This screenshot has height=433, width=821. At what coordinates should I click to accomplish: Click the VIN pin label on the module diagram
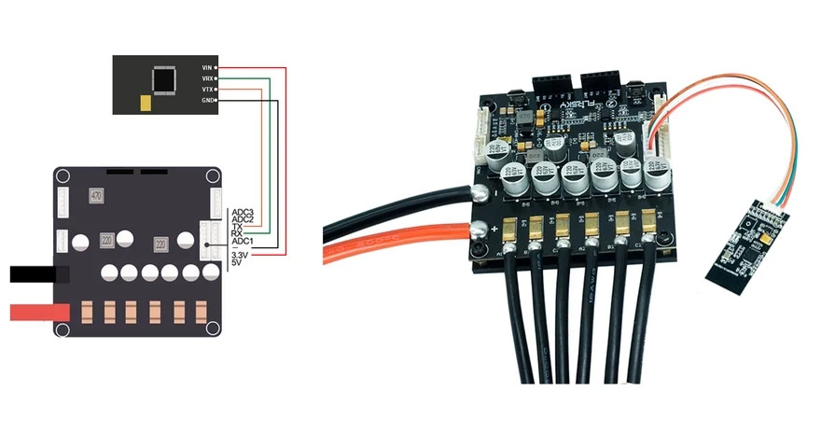206,68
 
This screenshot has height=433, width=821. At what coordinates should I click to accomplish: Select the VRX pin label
206,78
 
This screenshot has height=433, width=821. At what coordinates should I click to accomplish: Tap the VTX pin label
206,89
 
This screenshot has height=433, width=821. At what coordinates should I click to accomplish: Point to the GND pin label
206,99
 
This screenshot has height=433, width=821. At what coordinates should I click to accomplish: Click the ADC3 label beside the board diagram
242,213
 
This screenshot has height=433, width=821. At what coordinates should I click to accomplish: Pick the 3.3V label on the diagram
242,254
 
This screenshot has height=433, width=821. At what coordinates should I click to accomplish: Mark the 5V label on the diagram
236,263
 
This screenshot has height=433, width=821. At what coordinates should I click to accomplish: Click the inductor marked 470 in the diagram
95,196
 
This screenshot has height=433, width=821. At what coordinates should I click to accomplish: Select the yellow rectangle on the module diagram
144,102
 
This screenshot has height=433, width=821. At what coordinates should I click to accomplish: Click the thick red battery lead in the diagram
37,312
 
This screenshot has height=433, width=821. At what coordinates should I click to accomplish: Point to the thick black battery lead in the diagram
37,274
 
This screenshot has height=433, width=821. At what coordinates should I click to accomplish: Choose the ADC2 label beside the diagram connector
242,220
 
